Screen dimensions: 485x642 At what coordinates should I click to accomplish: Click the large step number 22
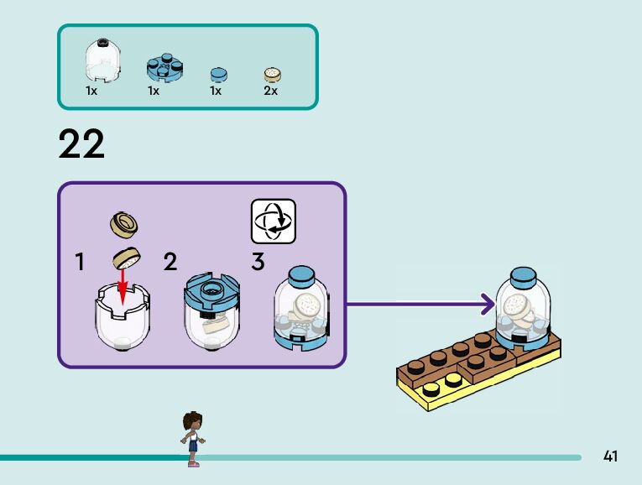tap(81, 144)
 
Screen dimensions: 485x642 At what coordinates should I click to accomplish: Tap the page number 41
tap(610, 456)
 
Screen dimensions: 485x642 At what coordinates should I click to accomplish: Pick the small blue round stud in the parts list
tap(217, 73)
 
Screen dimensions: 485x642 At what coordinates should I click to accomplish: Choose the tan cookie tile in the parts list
tap(272, 75)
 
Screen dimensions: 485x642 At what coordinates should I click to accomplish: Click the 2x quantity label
tap(270, 91)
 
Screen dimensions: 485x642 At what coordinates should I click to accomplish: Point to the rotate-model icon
tap(274, 222)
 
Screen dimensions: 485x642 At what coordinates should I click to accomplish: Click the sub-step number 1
tap(80, 263)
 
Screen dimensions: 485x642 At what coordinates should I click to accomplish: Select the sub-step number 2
tap(170, 263)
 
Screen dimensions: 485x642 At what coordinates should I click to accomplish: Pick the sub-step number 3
tap(258, 263)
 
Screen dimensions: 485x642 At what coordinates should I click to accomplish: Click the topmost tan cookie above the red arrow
tap(123, 222)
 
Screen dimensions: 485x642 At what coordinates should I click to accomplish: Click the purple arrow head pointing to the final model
tap(486, 304)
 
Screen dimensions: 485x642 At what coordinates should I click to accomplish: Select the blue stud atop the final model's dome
tap(521, 277)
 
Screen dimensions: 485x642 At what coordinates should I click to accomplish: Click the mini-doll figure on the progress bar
tap(192, 437)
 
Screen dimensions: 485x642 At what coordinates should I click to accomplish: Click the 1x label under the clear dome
tap(91, 91)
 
